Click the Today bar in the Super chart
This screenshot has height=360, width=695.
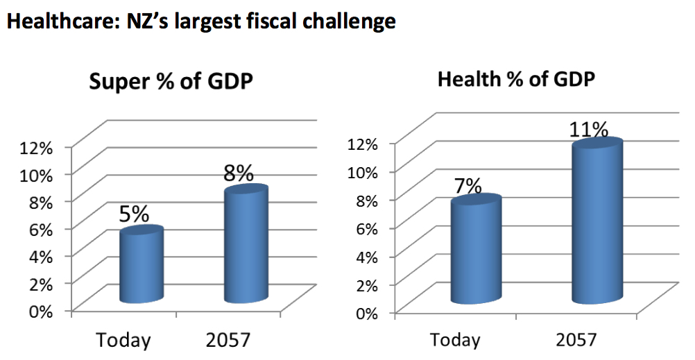pos(141,267)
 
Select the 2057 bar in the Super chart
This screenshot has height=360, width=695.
pos(246,246)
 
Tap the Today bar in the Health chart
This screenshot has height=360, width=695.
pos(475,253)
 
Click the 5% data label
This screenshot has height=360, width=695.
pos(134,214)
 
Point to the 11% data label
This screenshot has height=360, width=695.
pos(588,129)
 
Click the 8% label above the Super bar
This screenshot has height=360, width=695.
pos(238,172)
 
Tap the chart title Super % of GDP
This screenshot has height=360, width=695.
pos(171,82)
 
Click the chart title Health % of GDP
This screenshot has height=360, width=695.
pos(517,79)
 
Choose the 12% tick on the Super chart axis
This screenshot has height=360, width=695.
pos(37,147)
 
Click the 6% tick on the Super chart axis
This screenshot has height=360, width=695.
pos(40,228)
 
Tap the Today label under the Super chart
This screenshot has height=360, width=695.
pos(123,341)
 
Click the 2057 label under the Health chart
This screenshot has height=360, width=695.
pos(576,341)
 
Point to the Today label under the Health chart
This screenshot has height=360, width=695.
pos(455,341)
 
